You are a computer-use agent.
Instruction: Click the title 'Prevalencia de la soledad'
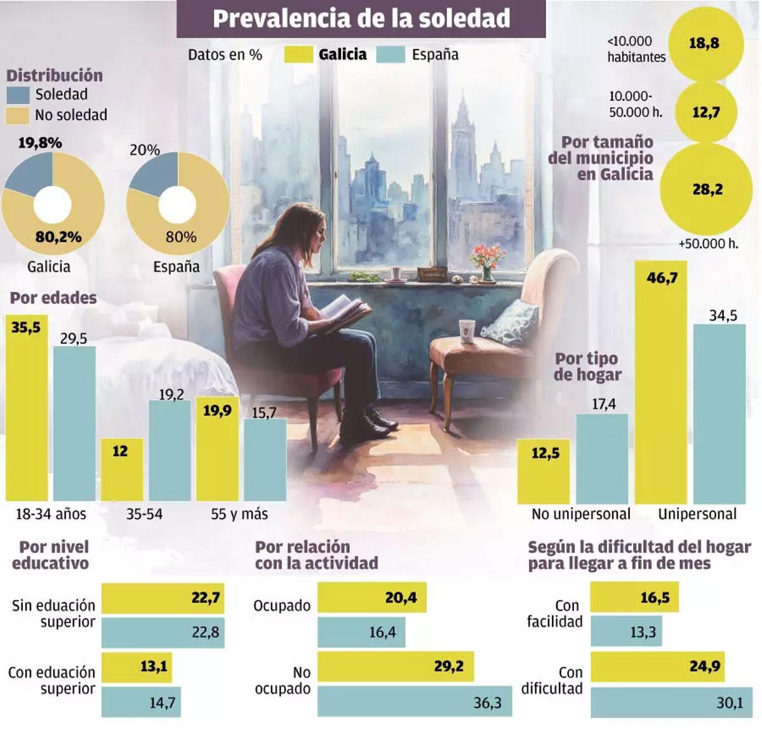[361, 18]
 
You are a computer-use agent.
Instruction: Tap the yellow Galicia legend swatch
[298, 55]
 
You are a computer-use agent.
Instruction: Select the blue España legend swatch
[391, 55]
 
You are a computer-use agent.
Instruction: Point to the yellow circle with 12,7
[705, 112]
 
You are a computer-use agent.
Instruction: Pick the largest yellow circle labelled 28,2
[706, 189]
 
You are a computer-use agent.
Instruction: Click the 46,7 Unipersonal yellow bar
[660, 381]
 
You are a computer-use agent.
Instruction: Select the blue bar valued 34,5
[719, 413]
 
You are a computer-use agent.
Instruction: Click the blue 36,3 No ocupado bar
[414, 701]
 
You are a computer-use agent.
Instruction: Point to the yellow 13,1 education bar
[137, 667]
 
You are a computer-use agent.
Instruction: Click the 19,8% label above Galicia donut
[40, 143]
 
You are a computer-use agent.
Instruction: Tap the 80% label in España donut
[181, 237]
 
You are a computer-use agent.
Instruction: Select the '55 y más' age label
[239, 514]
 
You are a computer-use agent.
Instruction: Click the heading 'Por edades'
[53, 298]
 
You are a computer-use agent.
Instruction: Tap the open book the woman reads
[346, 309]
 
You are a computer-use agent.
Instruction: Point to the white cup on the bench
[467, 331]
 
